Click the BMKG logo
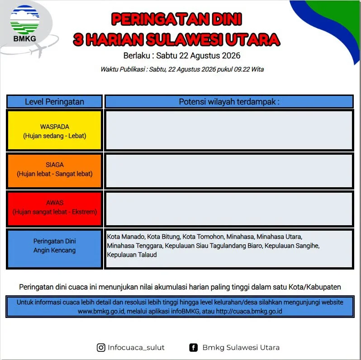click(x=24, y=24)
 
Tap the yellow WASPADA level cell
click(x=55, y=131)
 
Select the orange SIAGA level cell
click(x=55, y=171)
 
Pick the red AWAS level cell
click(x=55, y=209)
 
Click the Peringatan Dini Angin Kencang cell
click(x=55, y=249)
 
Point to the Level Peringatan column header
click(x=55, y=101)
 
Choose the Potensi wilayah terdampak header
click(x=229, y=101)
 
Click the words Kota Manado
click(x=126, y=237)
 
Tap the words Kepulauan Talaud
click(x=132, y=255)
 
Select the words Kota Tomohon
click(x=203, y=237)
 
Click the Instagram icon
click(x=101, y=347)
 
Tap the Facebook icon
click(x=194, y=347)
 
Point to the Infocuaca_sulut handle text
click(x=136, y=348)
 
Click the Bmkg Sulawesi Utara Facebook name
click(x=241, y=347)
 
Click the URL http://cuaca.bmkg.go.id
click(x=249, y=312)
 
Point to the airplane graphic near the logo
click(x=39, y=50)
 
